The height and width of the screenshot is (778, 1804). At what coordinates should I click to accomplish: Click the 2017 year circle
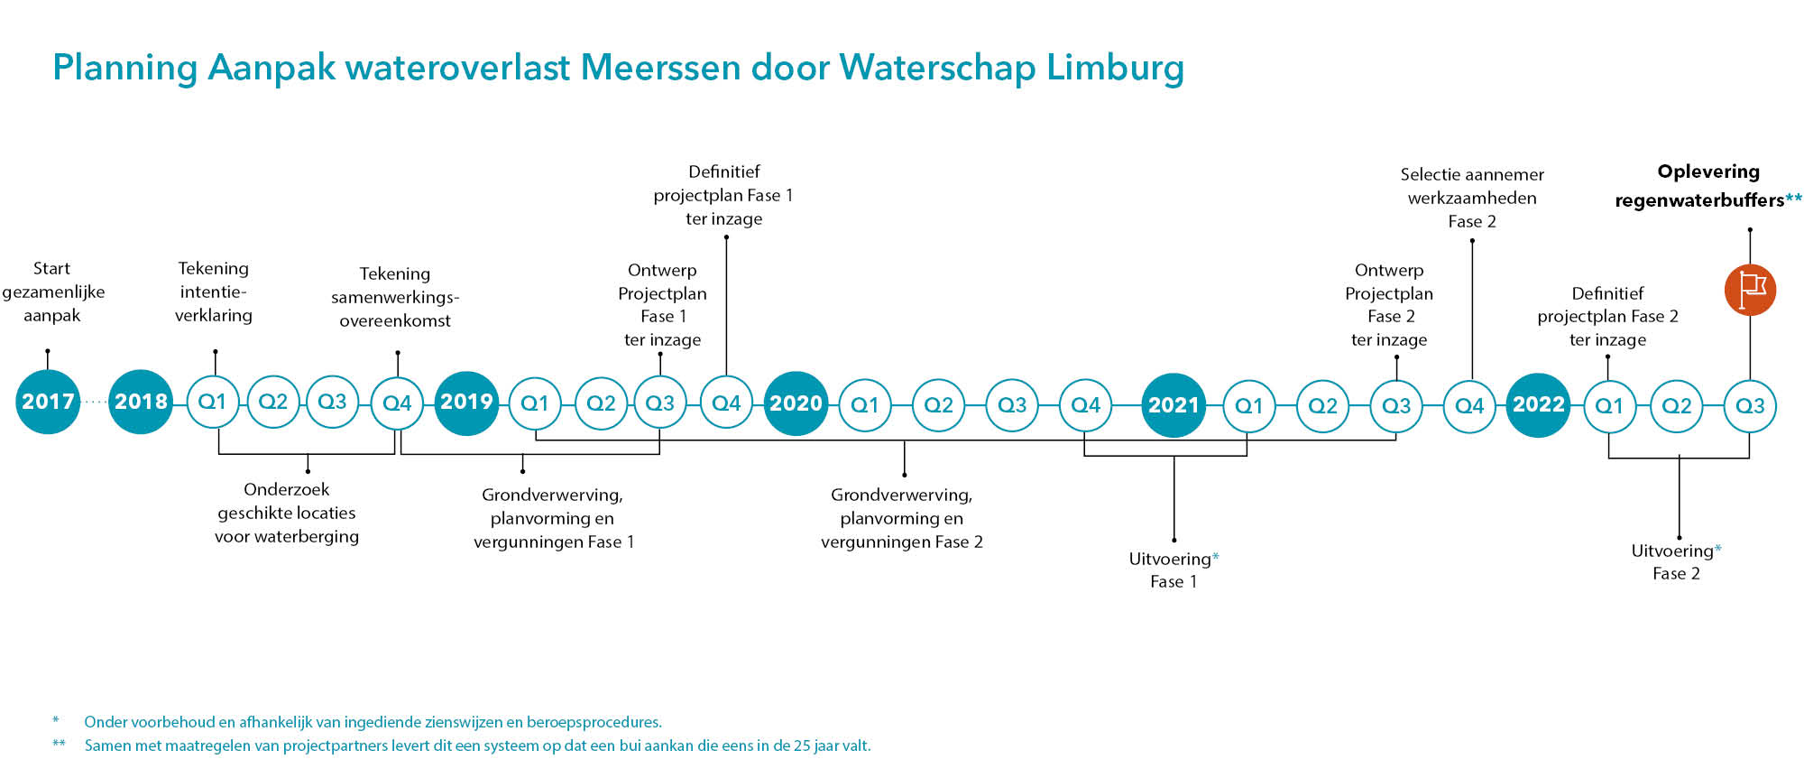pyautogui.click(x=48, y=402)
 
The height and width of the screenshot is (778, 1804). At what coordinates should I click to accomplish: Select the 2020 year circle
pyautogui.click(x=796, y=403)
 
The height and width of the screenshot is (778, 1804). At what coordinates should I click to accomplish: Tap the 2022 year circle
pyautogui.click(x=1538, y=405)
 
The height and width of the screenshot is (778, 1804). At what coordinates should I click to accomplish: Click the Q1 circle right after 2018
pyautogui.click(x=212, y=402)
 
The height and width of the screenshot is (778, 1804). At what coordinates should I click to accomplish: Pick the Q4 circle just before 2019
pyautogui.click(x=397, y=403)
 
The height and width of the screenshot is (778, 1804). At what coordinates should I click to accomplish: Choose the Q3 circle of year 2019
pyautogui.click(x=659, y=403)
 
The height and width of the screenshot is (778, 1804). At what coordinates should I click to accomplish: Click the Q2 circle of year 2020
pyautogui.click(x=938, y=405)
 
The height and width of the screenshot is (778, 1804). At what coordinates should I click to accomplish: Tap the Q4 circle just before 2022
pyautogui.click(x=1469, y=406)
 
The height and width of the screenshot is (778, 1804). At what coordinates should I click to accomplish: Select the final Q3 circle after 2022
pyautogui.click(x=1750, y=406)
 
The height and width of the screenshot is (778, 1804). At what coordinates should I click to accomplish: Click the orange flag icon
pyautogui.click(x=1750, y=290)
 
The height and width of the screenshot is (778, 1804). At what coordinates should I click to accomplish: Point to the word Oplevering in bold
pyautogui.click(x=1708, y=172)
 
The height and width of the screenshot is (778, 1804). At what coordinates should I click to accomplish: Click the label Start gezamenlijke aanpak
pyautogui.click(x=52, y=292)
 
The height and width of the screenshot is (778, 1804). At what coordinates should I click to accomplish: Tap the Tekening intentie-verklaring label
pyautogui.click(x=214, y=292)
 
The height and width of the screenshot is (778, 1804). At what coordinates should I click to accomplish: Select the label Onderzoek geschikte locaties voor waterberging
pyautogui.click(x=287, y=513)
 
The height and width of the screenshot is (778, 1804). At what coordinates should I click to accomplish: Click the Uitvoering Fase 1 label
pyautogui.click(x=1174, y=570)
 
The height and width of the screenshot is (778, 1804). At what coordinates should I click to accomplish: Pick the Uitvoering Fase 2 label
pyautogui.click(x=1676, y=561)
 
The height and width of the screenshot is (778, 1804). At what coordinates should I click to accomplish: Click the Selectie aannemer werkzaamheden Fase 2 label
pyautogui.click(x=1472, y=198)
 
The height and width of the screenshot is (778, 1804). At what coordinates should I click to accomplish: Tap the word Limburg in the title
pyautogui.click(x=1115, y=69)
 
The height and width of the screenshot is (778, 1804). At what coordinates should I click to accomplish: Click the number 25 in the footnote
pyautogui.click(x=803, y=746)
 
